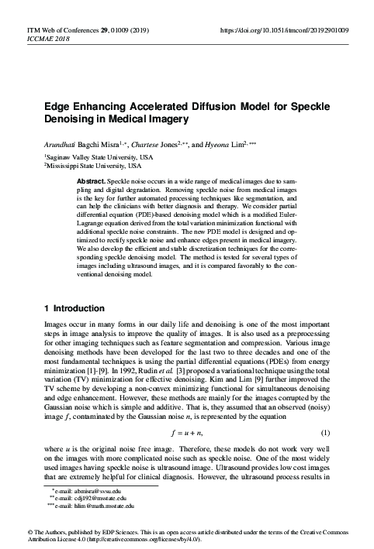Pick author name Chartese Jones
(156, 145)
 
